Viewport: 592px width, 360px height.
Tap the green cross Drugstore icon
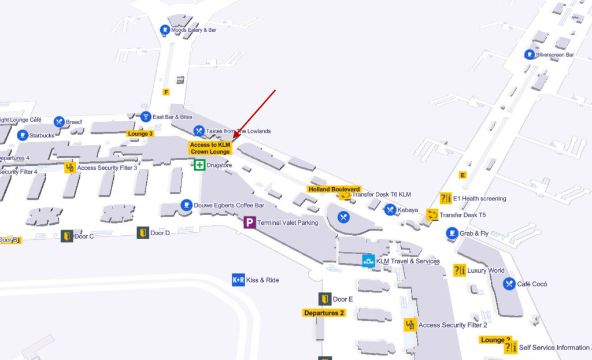tap(199, 165)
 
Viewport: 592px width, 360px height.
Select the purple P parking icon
tap(250, 222)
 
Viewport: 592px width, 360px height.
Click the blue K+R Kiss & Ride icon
tap(238, 280)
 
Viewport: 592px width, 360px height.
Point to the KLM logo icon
tap(368, 261)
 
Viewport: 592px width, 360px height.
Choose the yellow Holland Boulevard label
tap(334, 189)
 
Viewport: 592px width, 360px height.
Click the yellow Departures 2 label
tap(324, 313)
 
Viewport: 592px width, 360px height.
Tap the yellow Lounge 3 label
tap(140, 133)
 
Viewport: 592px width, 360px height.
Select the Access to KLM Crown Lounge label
tap(210, 148)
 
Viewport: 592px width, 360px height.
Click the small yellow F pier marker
tap(166, 92)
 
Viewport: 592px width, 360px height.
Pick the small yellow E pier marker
tap(462, 175)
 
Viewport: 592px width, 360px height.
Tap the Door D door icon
tap(143, 233)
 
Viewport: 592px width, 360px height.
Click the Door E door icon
tap(325, 299)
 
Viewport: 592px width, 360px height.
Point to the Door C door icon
tap(67, 236)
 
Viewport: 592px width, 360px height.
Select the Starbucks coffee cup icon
tap(23, 135)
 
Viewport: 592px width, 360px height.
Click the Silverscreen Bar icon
tap(529, 54)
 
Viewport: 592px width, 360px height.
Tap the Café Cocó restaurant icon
tap(509, 284)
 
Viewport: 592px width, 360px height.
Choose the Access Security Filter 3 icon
tap(70, 168)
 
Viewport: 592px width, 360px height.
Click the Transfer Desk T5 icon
tap(432, 215)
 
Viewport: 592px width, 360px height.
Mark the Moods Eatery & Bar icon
tap(165, 29)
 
